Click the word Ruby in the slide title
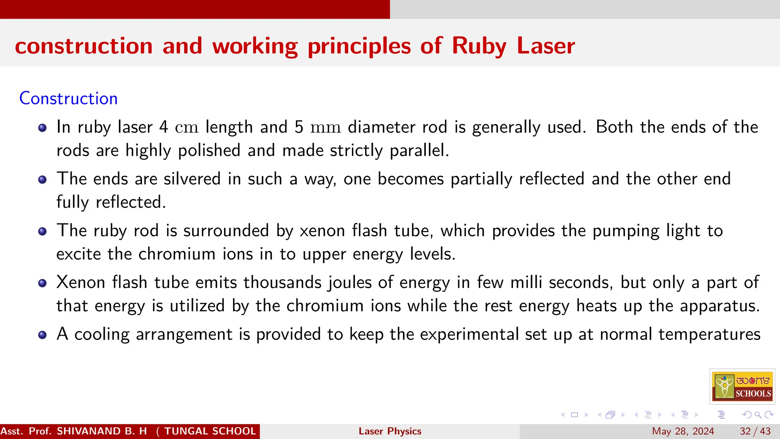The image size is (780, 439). click(x=479, y=46)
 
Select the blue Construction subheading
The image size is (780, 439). click(x=69, y=98)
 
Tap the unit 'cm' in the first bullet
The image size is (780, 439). click(x=187, y=127)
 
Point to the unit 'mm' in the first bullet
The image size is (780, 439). click(x=325, y=127)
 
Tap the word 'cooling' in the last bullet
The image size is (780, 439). click(x=102, y=335)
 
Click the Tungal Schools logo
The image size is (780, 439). click(x=742, y=386)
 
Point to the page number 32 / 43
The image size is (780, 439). click(x=755, y=431)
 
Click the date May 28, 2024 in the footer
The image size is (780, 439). click(x=683, y=431)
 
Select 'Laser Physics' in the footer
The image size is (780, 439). click(x=390, y=431)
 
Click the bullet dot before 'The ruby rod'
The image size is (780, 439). click(x=43, y=231)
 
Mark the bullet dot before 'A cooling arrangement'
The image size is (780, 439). click(x=43, y=335)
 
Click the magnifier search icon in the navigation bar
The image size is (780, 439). click(x=758, y=415)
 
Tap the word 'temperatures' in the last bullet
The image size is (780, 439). click(x=709, y=335)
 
